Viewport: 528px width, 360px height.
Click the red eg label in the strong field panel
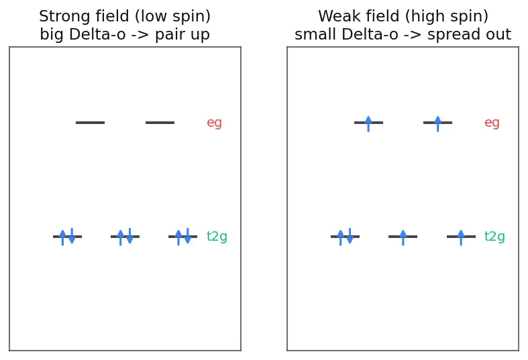pos(214,123)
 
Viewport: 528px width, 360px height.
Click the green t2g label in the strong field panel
pos(217,236)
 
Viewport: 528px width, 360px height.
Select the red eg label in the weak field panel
pos(492,123)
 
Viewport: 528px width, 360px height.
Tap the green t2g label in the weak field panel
pos(494,236)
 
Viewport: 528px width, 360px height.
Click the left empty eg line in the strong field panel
pos(91,123)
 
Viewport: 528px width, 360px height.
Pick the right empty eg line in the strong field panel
pos(160,123)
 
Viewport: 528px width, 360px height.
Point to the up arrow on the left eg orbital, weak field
pos(368,124)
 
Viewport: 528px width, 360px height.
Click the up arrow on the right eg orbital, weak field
pos(437,124)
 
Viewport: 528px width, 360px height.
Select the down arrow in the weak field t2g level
pos(350,235)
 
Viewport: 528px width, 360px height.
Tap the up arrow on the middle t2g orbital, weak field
pos(403,238)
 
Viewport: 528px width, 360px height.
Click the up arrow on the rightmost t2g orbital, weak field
pos(461,238)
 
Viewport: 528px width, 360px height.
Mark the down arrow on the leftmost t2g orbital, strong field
pos(72,235)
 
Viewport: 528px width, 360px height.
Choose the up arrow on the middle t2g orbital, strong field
pos(121,238)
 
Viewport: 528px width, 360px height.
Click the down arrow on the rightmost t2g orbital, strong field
pos(188,235)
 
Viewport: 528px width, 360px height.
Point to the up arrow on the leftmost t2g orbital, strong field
pos(62,238)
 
